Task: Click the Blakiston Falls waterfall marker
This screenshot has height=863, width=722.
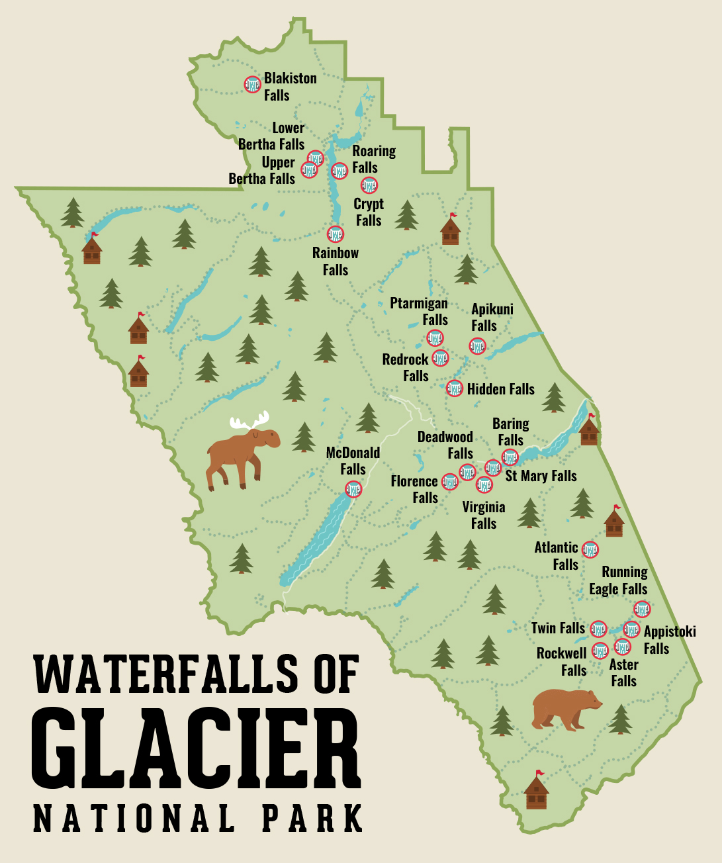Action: pos(252,84)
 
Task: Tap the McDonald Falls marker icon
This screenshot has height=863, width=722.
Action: pos(353,489)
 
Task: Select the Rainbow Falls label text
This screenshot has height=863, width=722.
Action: pos(336,261)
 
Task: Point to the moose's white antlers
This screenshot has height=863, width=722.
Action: pos(249,422)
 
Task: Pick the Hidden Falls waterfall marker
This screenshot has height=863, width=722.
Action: pos(454,388)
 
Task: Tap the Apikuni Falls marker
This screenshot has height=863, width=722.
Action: pos(477,345)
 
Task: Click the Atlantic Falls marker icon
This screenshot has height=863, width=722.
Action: pos(590,549)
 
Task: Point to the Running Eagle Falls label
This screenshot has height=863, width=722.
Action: pos(619,580)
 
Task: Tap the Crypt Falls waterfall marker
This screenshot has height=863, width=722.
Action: pos(369,185)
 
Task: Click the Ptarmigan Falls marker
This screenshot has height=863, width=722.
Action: pos(435,338)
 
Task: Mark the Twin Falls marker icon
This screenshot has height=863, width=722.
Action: pos(598,629)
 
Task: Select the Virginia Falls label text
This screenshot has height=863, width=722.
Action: pos(484,515)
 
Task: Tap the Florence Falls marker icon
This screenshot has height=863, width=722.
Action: pos(449,481)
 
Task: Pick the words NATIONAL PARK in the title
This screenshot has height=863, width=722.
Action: pos(198,819)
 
